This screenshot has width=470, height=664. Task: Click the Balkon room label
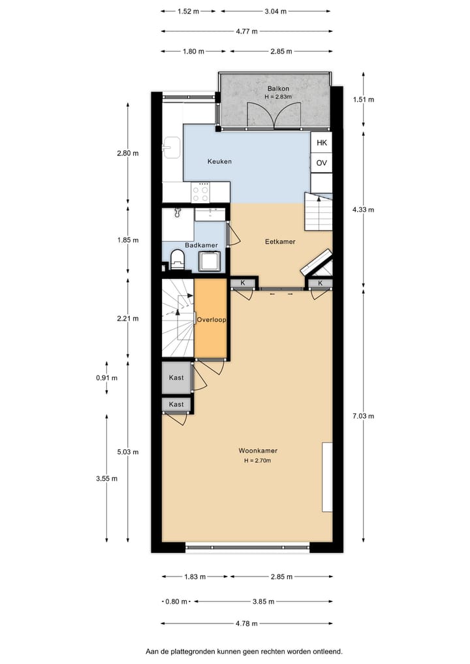tap(278, 88)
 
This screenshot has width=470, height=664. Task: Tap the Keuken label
tap(220, 161)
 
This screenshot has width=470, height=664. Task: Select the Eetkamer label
tap(280, 242)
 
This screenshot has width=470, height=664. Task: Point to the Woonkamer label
tap(258, 451)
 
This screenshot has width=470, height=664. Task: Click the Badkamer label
tap(201, 245)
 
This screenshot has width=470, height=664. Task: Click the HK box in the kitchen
tap(321, 142)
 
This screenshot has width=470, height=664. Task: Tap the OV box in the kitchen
tap(321, 163)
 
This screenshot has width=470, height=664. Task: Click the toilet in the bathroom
tap(177, 259)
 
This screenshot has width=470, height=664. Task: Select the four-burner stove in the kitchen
tap(200, 192)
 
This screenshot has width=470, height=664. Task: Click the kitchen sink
tap(172, 148)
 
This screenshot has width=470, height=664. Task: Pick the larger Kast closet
tap(176, 378)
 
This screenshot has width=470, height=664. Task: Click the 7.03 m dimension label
tap(364, 416)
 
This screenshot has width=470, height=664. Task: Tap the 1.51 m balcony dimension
tap(364, 100)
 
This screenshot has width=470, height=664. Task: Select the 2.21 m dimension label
tap(127, 319)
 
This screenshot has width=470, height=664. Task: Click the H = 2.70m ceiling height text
tap(258, 461)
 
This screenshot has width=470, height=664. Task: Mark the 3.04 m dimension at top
tap(275, 11)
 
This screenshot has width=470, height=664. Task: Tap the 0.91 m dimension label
tap(106, 378)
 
